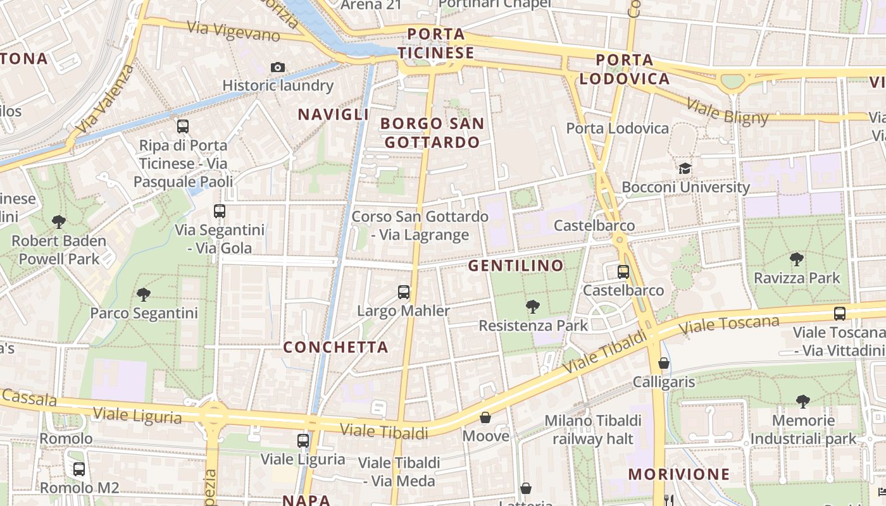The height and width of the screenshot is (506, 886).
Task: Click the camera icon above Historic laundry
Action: (277, 67)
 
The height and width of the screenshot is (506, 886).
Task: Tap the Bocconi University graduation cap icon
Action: (685, 168)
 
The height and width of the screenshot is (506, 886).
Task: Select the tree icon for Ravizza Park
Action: (796, 259)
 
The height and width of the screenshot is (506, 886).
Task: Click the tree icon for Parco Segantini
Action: (144, 294)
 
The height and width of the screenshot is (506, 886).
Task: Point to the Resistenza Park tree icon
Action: (533, 307)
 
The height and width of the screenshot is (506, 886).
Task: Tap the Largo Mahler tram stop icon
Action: (404, 292)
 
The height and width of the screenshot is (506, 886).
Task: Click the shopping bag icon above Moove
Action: (485, 417)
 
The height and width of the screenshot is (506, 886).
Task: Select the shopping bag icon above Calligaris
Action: (664, 363)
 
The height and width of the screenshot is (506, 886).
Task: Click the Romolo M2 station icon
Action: (79, 469)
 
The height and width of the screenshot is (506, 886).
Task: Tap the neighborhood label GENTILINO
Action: (516, 266)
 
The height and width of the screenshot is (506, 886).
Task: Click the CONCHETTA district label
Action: (335, 347)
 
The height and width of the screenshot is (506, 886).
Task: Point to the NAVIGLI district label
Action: (333, 114)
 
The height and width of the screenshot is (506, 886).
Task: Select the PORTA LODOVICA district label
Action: (625, 70)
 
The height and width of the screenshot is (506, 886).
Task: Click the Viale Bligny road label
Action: (728, 113)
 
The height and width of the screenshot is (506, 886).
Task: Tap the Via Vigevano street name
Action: (234, 32)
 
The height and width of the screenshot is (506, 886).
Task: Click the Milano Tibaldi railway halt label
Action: (593, 429)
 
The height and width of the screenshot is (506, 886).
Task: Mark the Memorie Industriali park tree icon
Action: (803, 401)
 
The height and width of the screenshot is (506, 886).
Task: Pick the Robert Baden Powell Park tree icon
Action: (59, 222)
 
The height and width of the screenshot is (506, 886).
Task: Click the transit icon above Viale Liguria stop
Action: (303, 440)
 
